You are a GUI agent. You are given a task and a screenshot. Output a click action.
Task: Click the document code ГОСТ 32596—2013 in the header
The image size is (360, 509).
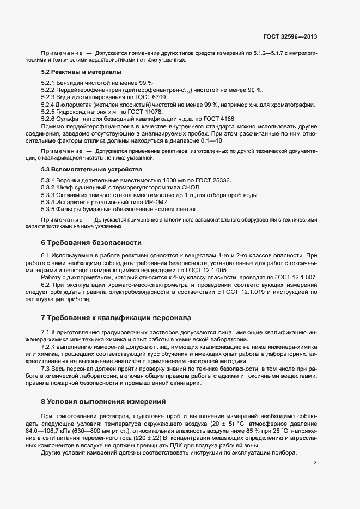coord(290,37)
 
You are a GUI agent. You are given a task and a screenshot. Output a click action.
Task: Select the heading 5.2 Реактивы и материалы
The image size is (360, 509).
coord(81,72)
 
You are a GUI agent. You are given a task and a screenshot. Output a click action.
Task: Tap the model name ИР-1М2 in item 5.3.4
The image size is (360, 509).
coord(136,202)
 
